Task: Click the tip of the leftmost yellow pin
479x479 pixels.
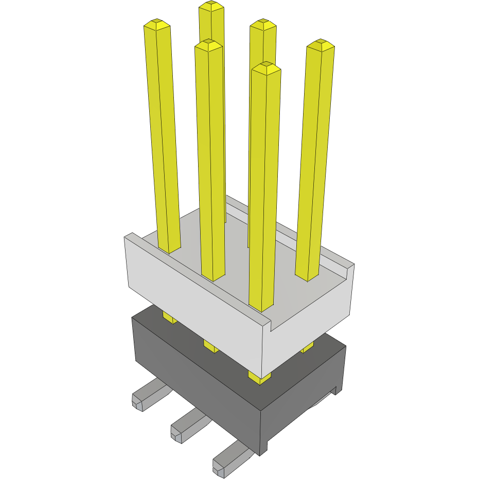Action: click(157, 24)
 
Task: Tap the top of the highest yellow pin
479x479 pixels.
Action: click(211, 6)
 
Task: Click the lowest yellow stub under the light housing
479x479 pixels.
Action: click(260, 378)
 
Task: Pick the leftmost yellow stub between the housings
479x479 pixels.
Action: click(170, 318)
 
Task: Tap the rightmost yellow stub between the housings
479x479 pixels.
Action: click(307, 348)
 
